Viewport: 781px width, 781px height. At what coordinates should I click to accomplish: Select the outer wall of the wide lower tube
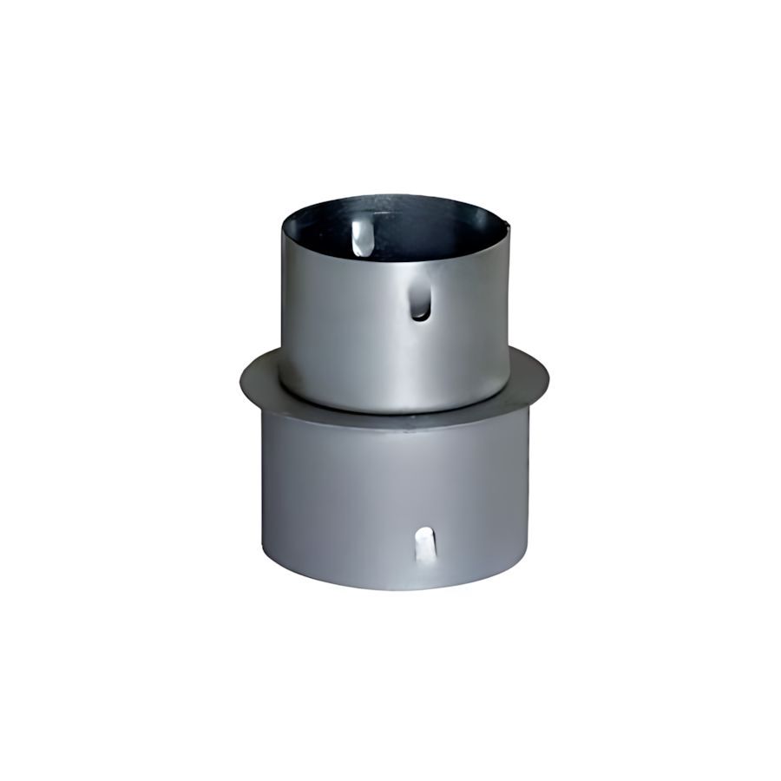(347, 495)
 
